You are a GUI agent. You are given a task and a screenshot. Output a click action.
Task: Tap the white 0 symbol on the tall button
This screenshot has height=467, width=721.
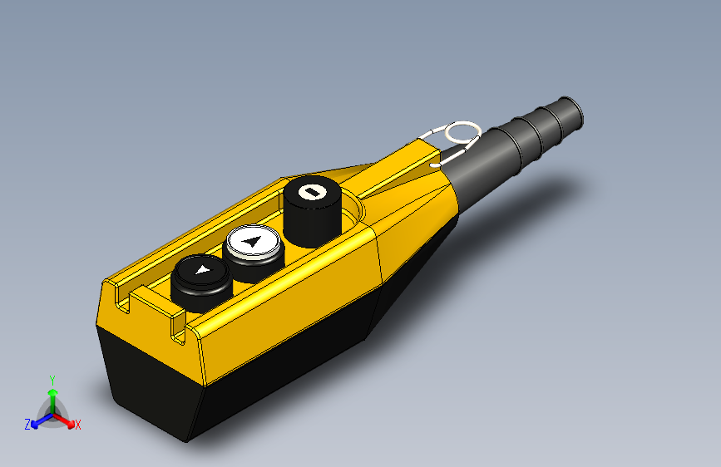point(313,192)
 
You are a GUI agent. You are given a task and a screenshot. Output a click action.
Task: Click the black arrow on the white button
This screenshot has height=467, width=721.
point(253,243)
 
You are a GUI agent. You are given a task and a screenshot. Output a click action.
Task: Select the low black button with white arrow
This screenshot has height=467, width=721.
point(200,280)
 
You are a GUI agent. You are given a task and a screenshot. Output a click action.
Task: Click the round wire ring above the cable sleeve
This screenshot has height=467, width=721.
point(462,132)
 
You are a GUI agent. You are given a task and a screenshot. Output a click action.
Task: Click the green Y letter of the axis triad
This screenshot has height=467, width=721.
point(52,379)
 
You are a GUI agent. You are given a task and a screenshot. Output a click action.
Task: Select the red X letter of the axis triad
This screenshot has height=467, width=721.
point(78,425)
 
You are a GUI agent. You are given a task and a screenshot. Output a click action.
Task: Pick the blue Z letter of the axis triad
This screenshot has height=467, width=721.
point(27,425)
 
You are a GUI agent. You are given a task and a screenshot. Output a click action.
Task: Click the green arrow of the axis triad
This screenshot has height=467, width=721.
point(52,394)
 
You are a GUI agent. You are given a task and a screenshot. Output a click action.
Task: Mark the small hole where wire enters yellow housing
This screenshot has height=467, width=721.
point(434,165)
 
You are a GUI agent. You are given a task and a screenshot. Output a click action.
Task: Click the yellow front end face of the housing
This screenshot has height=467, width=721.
point(150,332)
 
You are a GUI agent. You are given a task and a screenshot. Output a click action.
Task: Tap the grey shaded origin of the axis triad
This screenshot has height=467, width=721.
point(52,413)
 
